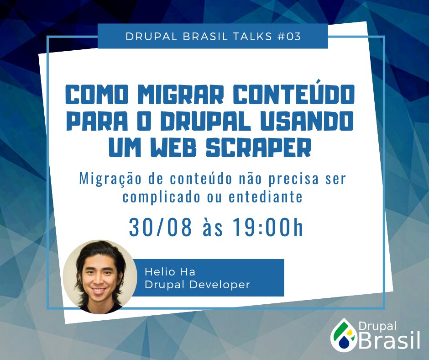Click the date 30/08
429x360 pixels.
(160, 228)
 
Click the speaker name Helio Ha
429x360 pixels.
(170, 272)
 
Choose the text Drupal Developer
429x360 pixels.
(197, 284)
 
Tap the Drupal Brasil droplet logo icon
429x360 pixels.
(342, 335)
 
